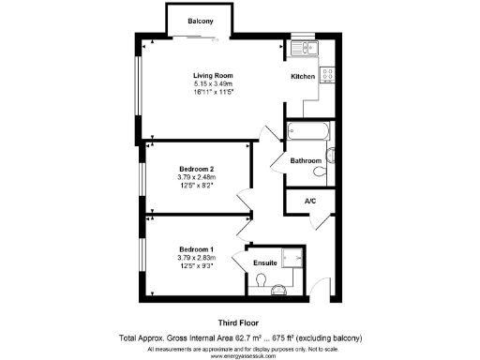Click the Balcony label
click(x=199, y=22)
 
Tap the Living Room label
click(x=213, y=76)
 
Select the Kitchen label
click(x=302, y=76)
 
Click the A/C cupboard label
click(x=309, y=202)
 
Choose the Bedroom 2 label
click(x=197, y=169)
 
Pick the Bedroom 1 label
click(x=197, y=249)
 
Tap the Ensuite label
click(x=265, y=263)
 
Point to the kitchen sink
click(x=306, y=48)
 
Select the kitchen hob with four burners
click(x=329, y=76)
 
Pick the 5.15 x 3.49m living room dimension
click(x=213, y=84)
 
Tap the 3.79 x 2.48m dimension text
click(x=197, y=177)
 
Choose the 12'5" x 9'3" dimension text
click(x=197, y=265)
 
